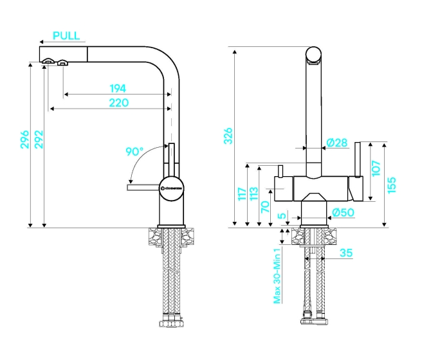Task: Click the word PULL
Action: (67, 35)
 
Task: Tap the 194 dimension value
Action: (117, 88)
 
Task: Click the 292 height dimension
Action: (38, 139)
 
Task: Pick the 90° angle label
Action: (134, 152)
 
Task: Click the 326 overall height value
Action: (228, 136)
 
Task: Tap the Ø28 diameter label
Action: (336, 142)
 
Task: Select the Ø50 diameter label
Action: (344, 212)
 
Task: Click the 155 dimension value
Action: (392, 184)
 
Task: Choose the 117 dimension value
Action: (241, 194)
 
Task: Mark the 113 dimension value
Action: (253, 194)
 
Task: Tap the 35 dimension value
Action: (345, 253)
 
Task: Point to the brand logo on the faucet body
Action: (171, 187)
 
